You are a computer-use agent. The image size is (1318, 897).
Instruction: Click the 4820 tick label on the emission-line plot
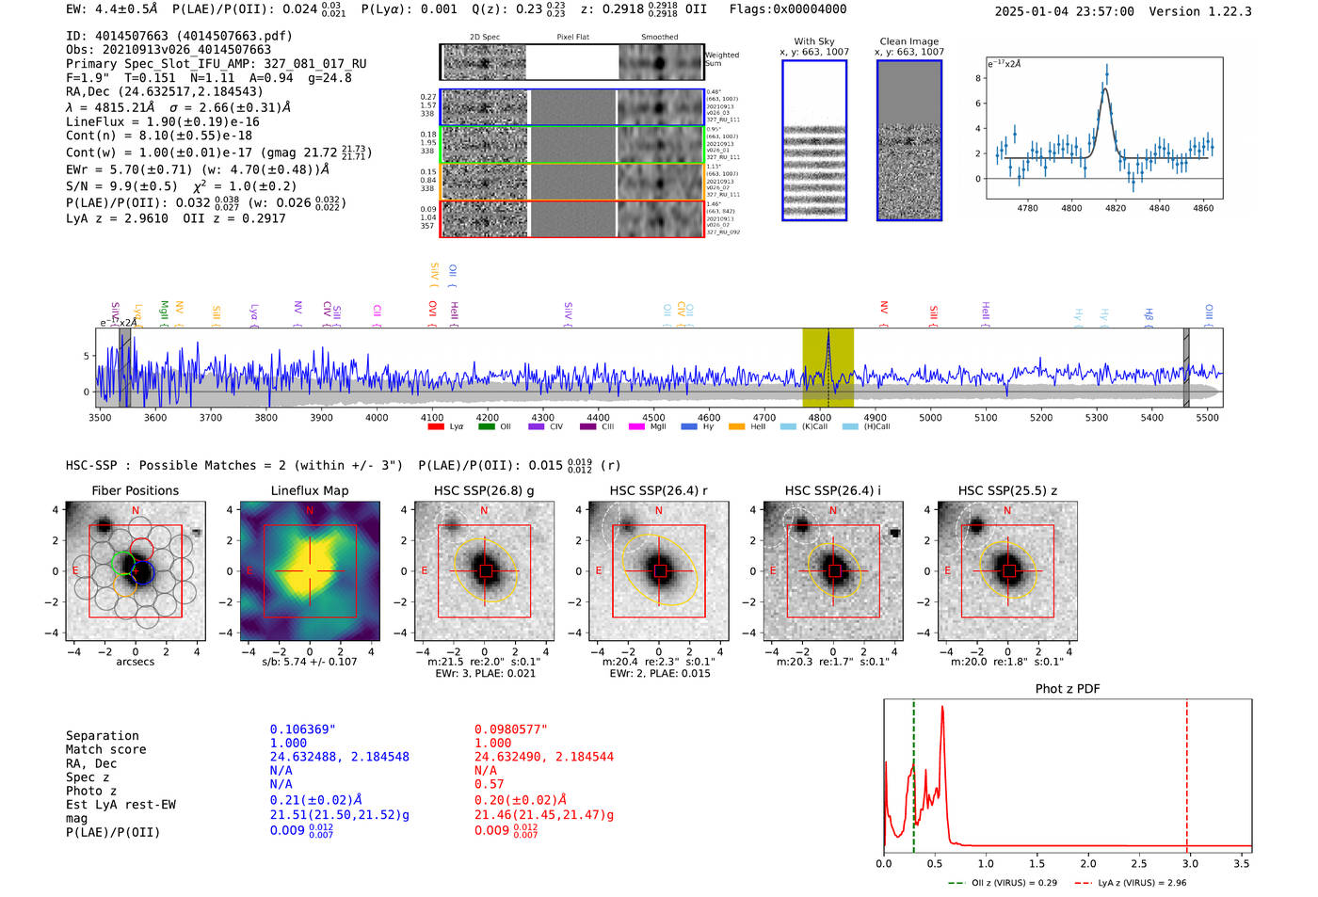(1116, 208)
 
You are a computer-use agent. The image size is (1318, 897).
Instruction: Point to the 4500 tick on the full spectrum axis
(653, 417)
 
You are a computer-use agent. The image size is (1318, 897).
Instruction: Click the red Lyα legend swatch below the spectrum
(436, 426)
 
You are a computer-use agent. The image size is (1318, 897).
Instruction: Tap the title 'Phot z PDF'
(1067, 689)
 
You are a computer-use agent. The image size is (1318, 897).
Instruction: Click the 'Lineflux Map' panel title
(310, 490)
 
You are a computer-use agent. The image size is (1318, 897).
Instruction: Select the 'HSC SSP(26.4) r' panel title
(658, 490)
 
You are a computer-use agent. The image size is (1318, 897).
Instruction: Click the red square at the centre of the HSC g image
(485, 571)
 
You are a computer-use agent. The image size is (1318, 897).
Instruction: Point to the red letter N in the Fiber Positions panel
(136, 511)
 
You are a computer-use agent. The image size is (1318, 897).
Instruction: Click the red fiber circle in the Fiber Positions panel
(141, 549)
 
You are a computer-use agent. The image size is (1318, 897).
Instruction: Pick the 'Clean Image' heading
(908, 41)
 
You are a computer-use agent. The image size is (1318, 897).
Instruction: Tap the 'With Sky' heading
(814, 41)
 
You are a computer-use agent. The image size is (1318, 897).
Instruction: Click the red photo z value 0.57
(489, 784)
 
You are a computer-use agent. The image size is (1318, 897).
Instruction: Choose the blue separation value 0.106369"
(302, 729)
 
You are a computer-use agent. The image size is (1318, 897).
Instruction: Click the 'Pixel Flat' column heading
(572, 37)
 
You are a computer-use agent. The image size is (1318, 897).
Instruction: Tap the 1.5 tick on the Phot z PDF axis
(1037, 863)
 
